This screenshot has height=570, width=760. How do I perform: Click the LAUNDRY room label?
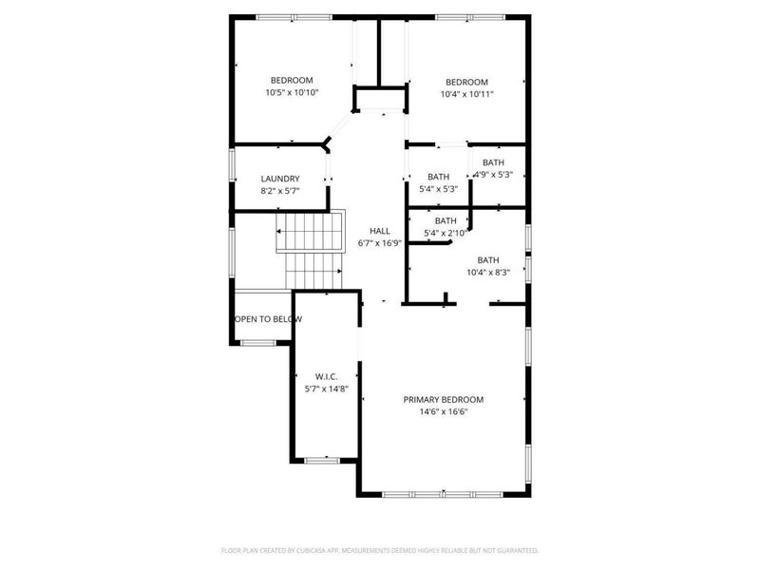click(x=280, y=179)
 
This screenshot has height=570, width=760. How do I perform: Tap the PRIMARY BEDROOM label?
click(x=443, y=399)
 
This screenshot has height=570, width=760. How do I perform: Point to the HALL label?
click(x=380, y=231)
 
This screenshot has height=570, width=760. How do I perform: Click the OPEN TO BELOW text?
click(x=269, y=319)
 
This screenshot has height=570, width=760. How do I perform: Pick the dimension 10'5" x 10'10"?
click(x=292, y=93)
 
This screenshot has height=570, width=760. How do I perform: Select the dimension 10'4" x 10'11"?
click(x=466, y=94)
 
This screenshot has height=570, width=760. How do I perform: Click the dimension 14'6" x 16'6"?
click(x=443, y=411)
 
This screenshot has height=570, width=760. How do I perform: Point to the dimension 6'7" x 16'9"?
click(x=380, y=243)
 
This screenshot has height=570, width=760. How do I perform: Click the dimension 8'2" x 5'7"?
click(x=280, y=191)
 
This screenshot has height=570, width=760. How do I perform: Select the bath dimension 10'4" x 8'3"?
click(x=488, y=273)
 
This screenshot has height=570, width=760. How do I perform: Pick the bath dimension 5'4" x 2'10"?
click(x=446, y=233)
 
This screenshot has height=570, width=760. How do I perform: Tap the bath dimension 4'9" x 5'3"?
click(x=493, y=175)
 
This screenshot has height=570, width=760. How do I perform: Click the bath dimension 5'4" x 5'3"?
click(x=438, y=189)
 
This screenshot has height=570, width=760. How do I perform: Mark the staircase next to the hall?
click(x=310, y=249)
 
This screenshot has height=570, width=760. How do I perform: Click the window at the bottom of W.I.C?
click(x=323, y=460)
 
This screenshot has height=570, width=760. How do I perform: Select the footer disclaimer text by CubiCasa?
click(x=380, y=550)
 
